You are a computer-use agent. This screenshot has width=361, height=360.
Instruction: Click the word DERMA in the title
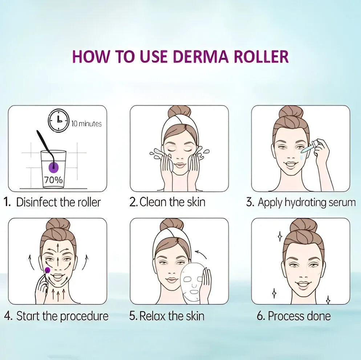(x=201, y=56)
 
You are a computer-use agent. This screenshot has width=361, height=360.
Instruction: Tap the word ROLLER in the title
(x=261, y=56)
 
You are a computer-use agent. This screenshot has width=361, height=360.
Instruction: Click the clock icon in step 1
(x=58, y=121)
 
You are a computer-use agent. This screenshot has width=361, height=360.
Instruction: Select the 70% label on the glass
(x=53, y=180)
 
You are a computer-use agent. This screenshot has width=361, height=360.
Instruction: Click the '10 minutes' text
(x=86, y=124)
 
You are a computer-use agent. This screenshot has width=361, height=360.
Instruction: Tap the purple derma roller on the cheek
(x=48, y=270)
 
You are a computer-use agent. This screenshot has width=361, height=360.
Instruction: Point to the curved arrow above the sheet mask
(x=201, y=254)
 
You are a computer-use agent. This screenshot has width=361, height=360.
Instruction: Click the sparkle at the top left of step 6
(x=280, y=236)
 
